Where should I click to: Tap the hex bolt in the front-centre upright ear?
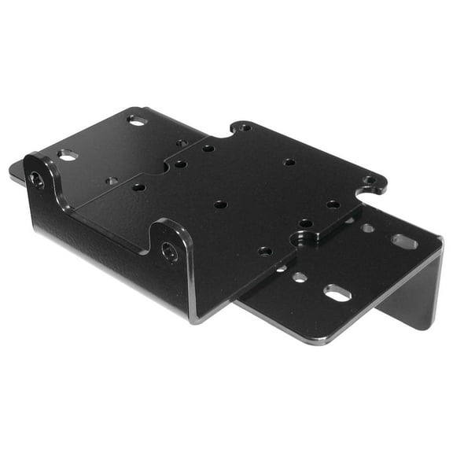[x=171, y=252]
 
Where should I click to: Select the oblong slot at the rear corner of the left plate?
[x=137, y=120]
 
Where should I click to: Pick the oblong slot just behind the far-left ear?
[x=68, y=156]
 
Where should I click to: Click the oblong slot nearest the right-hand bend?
[x=404, y=241]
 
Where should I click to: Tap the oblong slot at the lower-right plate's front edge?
[x=337, y=293]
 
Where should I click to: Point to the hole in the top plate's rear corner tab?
[x=245, y=127]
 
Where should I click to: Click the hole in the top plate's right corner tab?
[x=368, y=180]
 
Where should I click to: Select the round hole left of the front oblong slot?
[x=300, y=277]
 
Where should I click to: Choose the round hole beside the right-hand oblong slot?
[x=367, y=228]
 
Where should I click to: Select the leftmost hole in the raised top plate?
[x=138, y=187]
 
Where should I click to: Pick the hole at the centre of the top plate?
[x=221, y=204]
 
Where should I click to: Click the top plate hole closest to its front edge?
[x=265, y=252]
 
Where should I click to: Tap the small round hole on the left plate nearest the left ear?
[x=112, y=181]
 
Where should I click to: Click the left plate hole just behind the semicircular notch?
[x=182, y=144]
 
